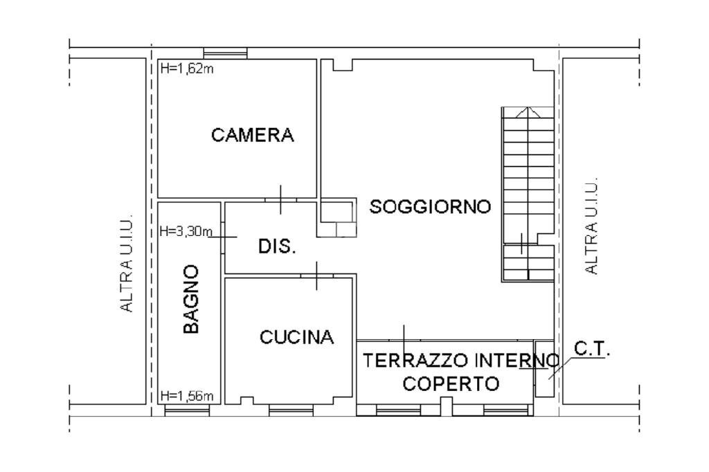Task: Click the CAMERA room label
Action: click(x=252, y=135)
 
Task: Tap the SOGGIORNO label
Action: click(x=430, y=206)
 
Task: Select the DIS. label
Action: click(x=277, y=246)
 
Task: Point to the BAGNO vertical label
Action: click(x=191, y=299)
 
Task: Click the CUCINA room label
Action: click(x=296, y=337)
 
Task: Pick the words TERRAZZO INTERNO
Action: click(x=461, y=360)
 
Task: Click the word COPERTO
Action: click(x=451, y=383)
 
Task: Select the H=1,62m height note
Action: click(x=185, y=69)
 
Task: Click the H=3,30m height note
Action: click(x=184, y=231)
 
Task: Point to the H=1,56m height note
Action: click(x=185, y=396)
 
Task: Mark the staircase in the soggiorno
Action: click(x=527, y=194)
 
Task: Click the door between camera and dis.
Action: click(x=280, y=200)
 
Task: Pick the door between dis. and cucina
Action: click(x=316, y=275)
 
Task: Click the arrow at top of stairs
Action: click(x=528, y=113)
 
